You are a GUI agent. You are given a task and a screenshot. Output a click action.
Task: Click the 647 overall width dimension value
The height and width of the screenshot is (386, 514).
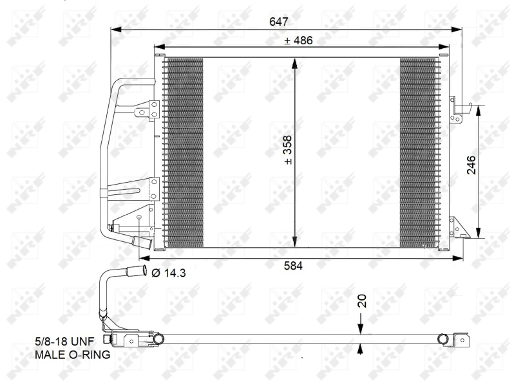(279, 22)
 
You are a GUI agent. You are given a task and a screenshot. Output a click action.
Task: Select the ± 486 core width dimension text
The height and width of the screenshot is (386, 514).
(298, 41)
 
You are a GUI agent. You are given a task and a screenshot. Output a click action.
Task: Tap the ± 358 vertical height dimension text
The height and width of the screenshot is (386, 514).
(287, 150)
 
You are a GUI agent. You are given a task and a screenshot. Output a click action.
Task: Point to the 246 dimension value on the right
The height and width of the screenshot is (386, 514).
(471, 165)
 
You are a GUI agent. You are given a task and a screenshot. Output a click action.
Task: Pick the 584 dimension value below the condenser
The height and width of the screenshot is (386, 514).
(293, 266)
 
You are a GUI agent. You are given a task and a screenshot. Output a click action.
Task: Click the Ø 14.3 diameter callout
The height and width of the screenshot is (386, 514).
(169, 272)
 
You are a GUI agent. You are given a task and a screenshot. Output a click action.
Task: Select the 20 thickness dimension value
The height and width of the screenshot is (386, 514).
(361, 301)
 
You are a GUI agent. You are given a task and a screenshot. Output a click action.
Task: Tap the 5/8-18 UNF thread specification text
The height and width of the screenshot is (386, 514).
(64, 342)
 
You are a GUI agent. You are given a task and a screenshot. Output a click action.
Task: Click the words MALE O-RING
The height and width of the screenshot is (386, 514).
(72, 354)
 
